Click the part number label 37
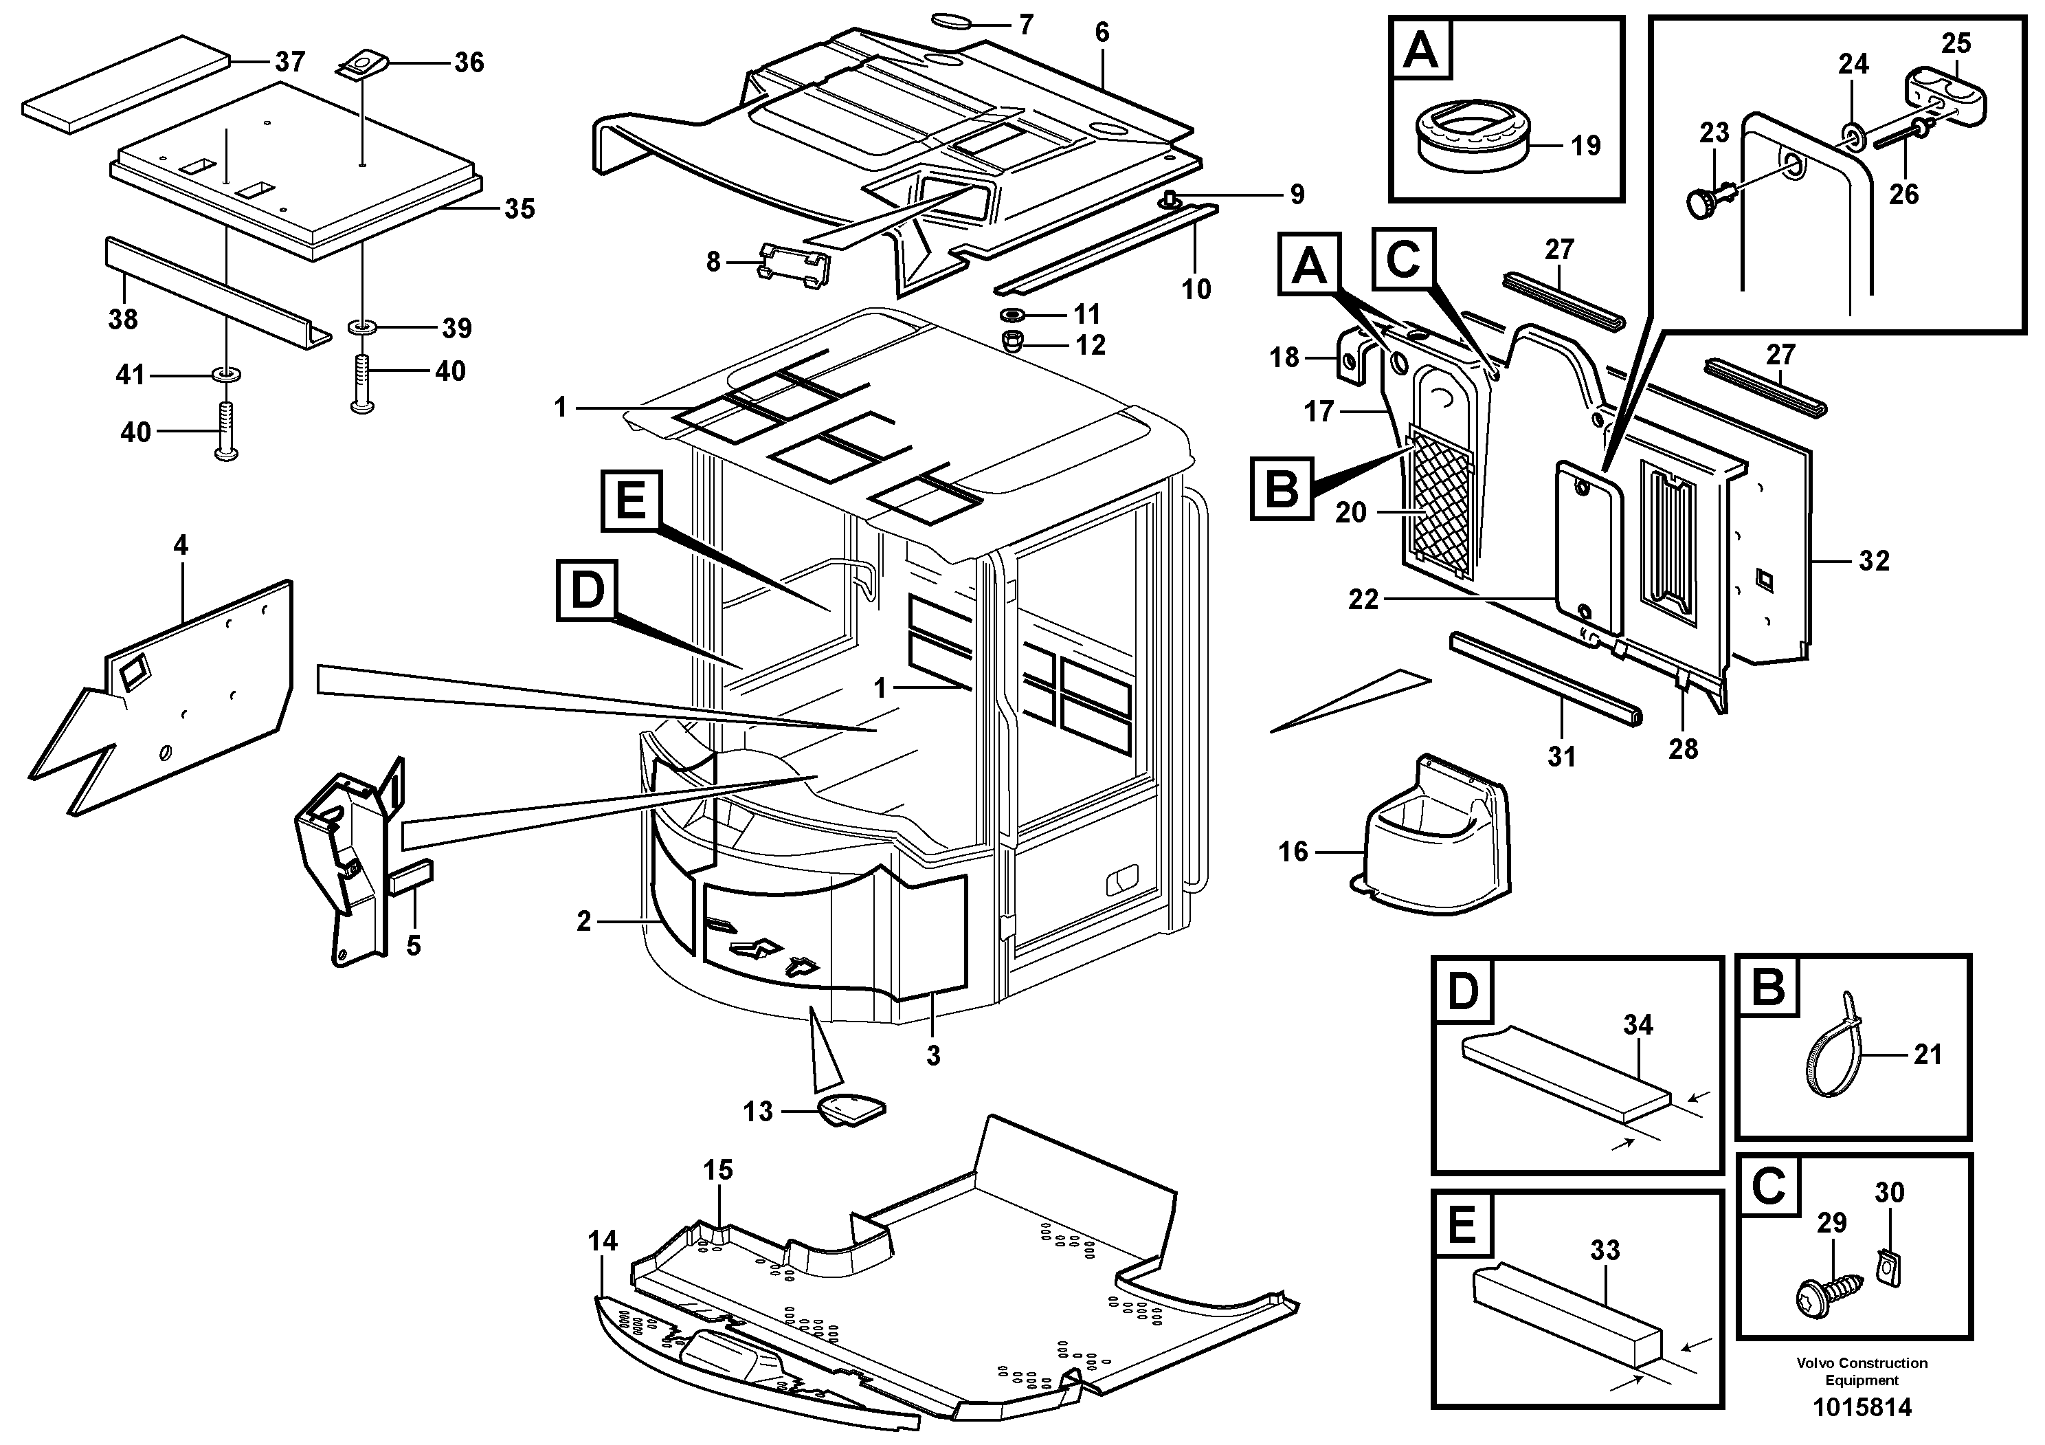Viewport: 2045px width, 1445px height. tap(289, 61)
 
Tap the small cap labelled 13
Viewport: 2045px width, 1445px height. tap(852, 1109)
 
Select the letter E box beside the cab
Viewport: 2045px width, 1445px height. tap(631, 500)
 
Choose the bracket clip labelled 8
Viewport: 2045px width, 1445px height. tap(793, 266)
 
